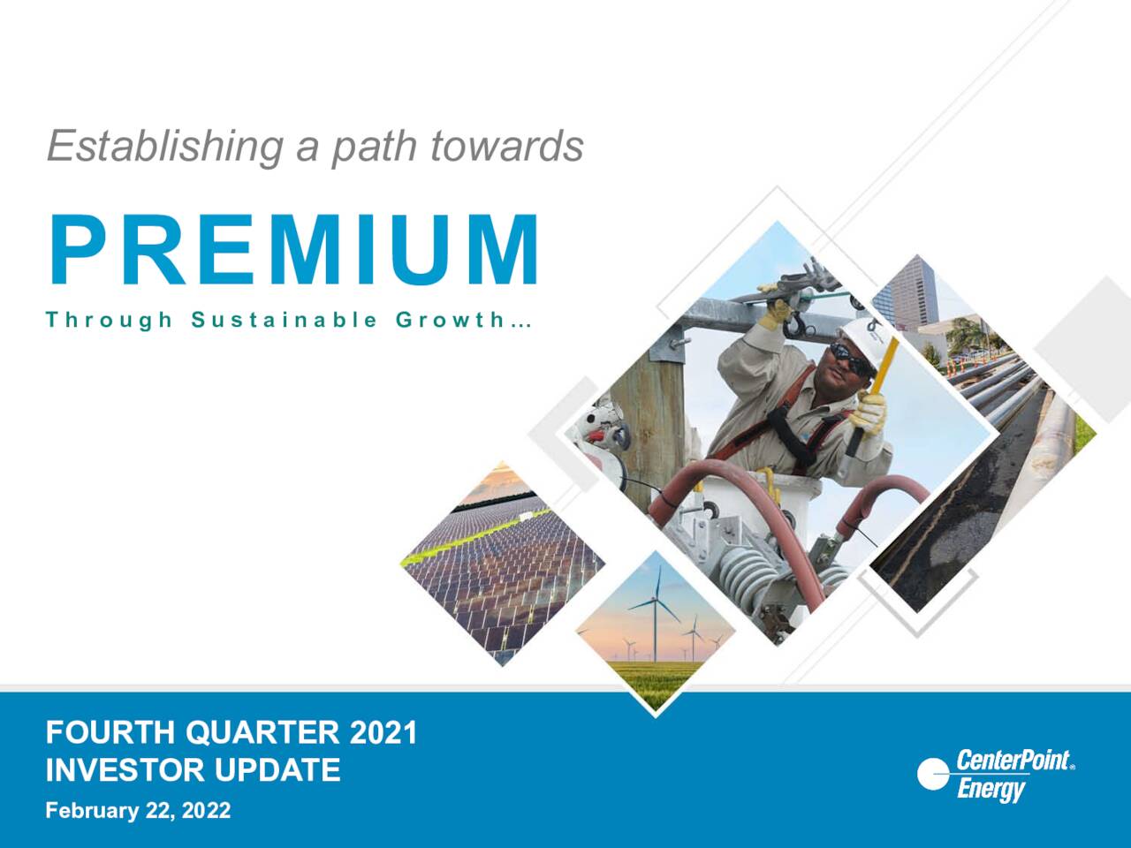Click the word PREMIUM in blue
coord(293,251)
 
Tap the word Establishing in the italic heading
coord(163,146)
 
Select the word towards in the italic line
coord(506,146)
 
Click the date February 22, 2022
coord(138,810)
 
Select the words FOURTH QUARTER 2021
coord(231,733)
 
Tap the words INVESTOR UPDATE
coord(193,770)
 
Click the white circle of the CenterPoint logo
coord(933,775)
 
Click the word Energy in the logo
coord(991,788)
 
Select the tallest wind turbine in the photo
coord(655,618)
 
